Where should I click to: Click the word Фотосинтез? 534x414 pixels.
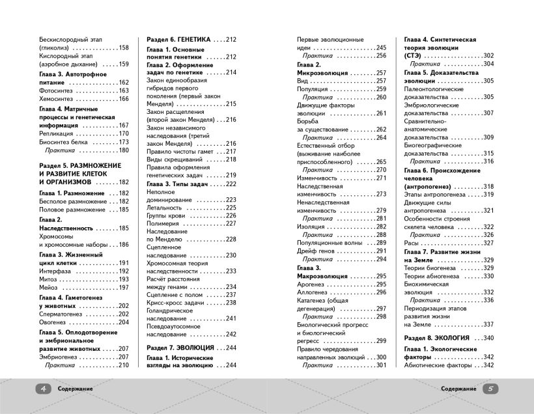pyautogui.click(x=57, y=90)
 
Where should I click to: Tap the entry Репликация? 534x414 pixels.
pyautogui.click(x=57, y=133)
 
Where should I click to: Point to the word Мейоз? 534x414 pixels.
pyautogui.click(x=49, y=288)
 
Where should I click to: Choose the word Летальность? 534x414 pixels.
pyautogui.click(x=166, y=207)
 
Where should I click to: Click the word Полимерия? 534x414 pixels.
pyautogui.click(x=163, y=223)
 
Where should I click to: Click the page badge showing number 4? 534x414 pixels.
pyautogui.click(x=43, y=388)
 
